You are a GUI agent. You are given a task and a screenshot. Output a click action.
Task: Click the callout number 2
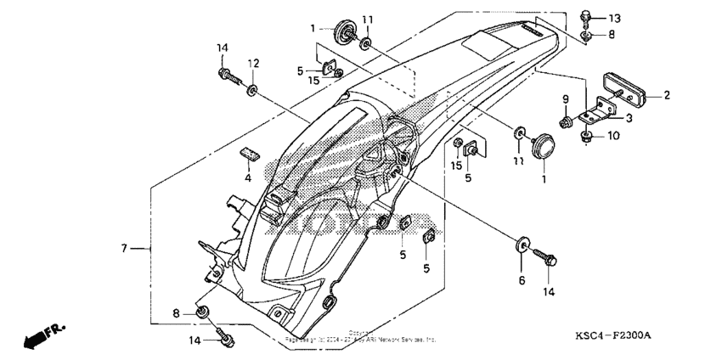coord(668,95)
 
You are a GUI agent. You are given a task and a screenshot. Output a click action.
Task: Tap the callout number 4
coord(248,178)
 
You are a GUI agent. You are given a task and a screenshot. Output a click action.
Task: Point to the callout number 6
coord(522,280)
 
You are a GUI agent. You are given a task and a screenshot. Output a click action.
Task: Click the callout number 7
coord(123,249)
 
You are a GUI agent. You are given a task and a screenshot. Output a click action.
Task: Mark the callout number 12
coord(253,64)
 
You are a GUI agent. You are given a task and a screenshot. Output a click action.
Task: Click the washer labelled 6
coord(520,249)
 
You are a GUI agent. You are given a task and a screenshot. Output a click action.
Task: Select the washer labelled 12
coord(253,87)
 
